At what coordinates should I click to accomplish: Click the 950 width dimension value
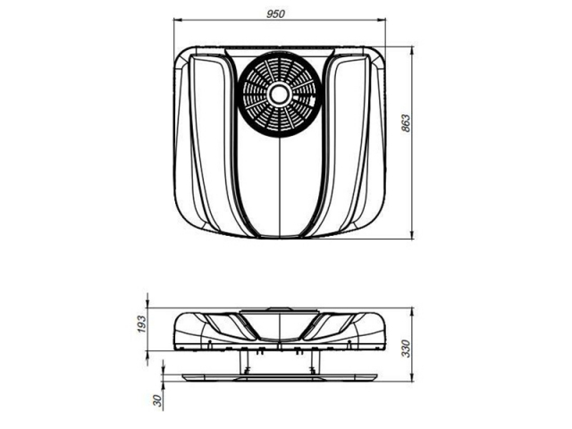coord(275,14)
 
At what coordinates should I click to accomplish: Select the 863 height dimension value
coord(406,123)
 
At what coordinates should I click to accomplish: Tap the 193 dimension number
coord(141,324)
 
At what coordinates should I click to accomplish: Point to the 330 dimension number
coord(406,348)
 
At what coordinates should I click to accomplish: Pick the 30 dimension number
coord(157,400)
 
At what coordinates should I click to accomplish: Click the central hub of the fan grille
coord(280,94)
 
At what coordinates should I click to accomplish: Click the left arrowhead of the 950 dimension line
coord(178,21)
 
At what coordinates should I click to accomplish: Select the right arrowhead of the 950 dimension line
coord(382,21)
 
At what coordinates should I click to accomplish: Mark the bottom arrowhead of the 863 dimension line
coord(413,234)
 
